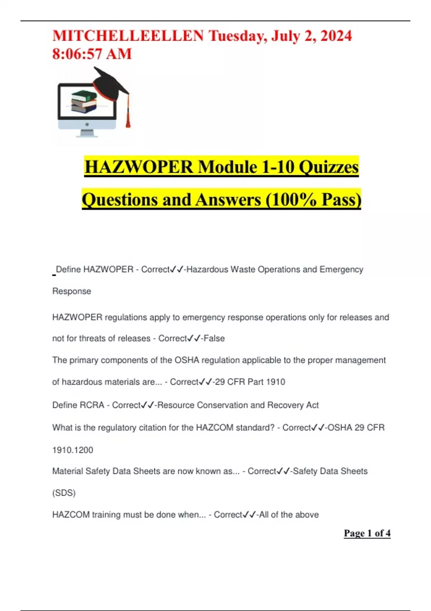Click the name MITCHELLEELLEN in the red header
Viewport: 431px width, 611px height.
coord(128,36)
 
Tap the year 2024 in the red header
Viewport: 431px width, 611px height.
coord(336,36)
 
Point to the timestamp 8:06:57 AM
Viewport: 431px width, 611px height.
coord(92,54)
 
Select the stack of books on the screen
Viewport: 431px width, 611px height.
coord(84,101)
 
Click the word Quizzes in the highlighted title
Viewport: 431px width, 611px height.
coord(329,167)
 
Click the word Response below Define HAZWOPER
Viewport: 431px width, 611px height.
coord(72,291)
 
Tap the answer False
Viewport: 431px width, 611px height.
coord(214,338)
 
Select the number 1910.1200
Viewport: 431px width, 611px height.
coord(73,450)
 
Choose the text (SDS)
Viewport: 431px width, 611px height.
coord(64,493)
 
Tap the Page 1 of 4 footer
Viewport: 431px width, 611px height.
coord(367,533)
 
